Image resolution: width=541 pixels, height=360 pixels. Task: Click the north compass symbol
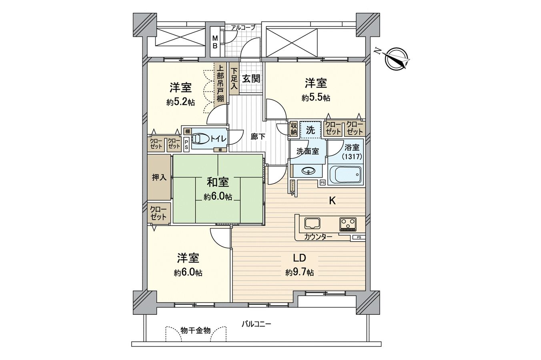pos(396,58)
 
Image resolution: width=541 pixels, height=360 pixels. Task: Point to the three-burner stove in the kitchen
pos(348,224)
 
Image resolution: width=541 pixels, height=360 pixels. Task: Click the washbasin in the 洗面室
pos(308,171)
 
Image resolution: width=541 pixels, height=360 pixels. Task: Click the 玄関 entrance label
pos(251,78)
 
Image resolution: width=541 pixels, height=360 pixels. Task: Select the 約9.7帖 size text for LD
pos(299,273)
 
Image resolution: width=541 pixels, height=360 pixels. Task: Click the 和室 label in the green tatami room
pos(218,182)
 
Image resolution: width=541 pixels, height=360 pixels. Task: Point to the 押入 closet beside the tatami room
pos(159,177)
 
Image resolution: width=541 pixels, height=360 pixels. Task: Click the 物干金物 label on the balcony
pos(195,330)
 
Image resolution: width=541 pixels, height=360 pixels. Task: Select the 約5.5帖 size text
pos(316,98)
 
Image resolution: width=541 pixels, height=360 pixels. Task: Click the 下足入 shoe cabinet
pos(234,78)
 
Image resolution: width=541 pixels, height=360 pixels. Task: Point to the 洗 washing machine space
pos(311,130)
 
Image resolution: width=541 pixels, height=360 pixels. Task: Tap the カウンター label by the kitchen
pos(318,237)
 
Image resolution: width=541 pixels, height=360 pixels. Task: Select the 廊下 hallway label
pos(258,136)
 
